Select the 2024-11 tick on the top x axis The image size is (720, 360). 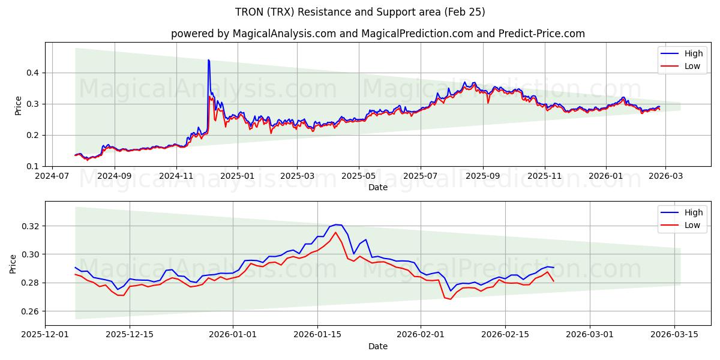pos(176,176)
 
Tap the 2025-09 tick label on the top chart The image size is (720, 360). pos(483,176)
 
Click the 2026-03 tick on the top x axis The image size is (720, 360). pos(667,176)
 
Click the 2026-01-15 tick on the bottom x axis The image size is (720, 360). pos(317,335)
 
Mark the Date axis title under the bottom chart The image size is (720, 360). pos(378,346)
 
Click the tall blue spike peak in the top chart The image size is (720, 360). pos(208,60)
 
